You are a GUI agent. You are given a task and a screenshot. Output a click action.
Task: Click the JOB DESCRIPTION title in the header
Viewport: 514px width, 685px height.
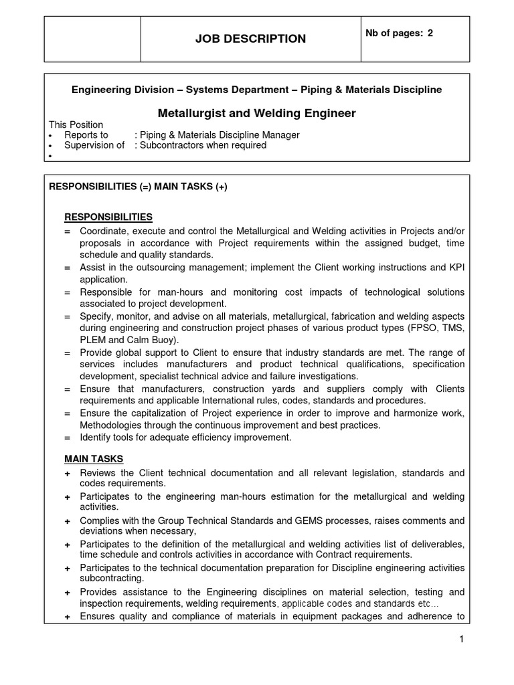(250, 39)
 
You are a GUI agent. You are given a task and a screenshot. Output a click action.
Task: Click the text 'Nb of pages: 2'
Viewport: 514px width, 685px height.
(400, 33)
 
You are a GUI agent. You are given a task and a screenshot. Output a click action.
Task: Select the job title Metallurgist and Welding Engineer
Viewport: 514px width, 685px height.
(256, 114)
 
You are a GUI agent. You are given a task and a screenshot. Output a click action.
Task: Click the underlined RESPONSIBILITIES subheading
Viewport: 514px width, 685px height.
(108, 217)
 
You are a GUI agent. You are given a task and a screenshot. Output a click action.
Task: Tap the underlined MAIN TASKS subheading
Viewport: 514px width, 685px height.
(94, 459)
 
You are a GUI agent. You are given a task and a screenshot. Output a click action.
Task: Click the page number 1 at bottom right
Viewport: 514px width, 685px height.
(461, 640)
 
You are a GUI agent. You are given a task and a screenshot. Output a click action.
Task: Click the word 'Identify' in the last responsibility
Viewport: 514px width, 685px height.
(97, 437)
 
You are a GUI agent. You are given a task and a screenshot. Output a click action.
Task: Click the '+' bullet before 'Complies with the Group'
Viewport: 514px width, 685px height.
(68, 521)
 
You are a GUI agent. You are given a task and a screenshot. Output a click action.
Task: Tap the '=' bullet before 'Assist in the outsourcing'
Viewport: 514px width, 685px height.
(68, 268)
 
